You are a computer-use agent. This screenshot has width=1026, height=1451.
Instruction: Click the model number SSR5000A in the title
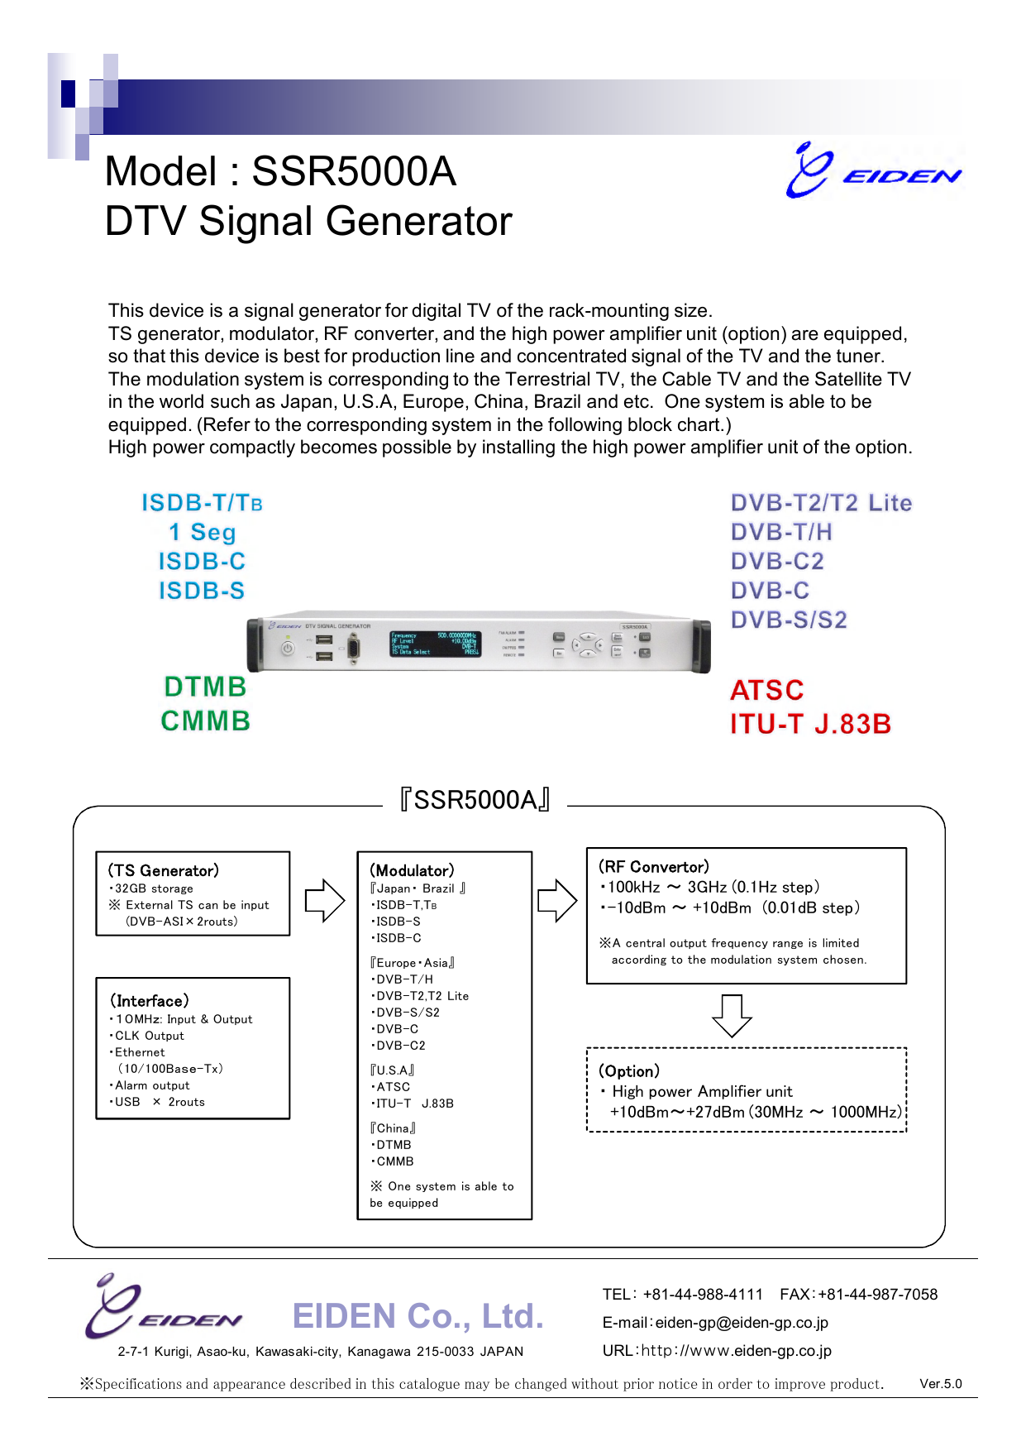(353, 172)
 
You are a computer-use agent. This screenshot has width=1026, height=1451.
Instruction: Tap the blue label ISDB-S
(202, 591)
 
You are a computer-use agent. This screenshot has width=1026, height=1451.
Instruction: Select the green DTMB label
(205, 687)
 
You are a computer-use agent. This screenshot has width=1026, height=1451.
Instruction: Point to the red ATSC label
(766, 690)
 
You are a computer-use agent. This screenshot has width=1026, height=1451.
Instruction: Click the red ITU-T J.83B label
(810, 724)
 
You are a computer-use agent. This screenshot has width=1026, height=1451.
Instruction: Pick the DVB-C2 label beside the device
(777, 561)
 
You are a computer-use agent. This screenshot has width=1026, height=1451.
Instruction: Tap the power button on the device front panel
(288, 649)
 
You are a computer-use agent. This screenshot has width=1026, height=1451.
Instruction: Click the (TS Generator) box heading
(164, 870)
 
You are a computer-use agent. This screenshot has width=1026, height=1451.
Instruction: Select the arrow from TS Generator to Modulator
(324, 900)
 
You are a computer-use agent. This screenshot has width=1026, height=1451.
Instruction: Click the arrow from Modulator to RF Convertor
(557, 900)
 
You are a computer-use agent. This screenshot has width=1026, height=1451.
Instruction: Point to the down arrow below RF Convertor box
(732, 1015)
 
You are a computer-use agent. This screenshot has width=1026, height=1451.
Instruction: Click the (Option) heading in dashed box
(629, 1071)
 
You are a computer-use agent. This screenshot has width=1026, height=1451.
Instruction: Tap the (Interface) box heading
(150, 1001)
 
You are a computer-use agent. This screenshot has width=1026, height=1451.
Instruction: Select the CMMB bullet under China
(394, 1161)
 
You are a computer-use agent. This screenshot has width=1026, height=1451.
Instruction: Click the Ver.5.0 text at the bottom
(940, 1384)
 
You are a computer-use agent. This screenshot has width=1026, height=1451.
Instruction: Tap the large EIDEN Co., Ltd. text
(418, 1316)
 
